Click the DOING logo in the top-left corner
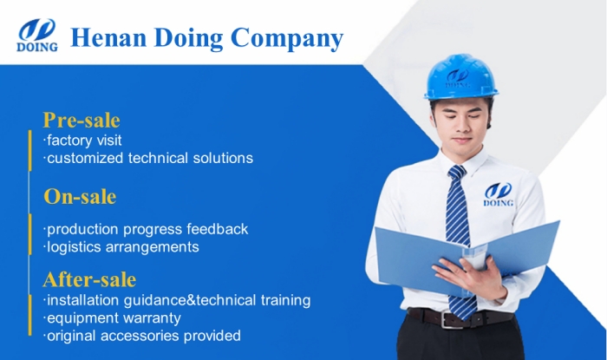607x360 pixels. click(x=37, y=36)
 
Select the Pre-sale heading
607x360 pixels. click(x=82, y=120)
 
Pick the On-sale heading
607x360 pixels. click(x=80, y=197)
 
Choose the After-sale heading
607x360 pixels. click(x=90, y=279)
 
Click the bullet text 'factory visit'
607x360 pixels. click(x=83, y=140)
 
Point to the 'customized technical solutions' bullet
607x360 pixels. click(x=148, y=158)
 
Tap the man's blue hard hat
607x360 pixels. click(x=460, y=78)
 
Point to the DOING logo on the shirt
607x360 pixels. click(x=499, y=194)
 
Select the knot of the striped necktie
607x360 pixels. click(x=456, y=173)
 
